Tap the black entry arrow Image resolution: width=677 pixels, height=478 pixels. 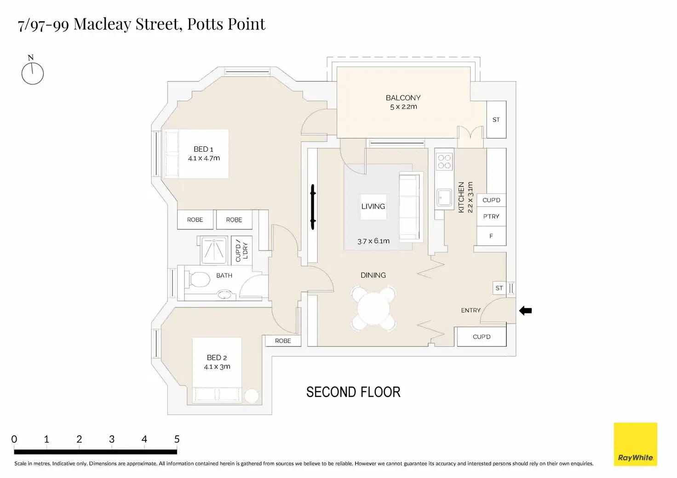point(525,310)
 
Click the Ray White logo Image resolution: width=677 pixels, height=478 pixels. point(635,444)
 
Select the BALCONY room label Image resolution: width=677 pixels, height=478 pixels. point(403,98)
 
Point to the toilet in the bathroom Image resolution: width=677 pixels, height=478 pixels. point(197,279)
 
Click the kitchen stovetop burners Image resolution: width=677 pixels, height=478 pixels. point(444,161)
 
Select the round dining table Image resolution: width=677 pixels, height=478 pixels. point(373,308)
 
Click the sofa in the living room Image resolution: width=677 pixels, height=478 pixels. point(410,207)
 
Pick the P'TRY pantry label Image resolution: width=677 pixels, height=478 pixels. point(491,216)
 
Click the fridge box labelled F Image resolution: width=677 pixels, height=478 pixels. point(491,236)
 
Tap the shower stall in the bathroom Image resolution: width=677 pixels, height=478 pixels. point(214,250)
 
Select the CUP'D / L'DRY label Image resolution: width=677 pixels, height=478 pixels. point(241,250)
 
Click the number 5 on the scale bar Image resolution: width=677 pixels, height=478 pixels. point(177,439)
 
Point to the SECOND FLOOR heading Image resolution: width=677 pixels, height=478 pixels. point(353,392)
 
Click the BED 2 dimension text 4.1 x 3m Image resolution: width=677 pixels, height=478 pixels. point(217,367)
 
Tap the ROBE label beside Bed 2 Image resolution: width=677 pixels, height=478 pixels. point(283,341)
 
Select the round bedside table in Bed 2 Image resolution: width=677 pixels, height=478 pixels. point(252,396)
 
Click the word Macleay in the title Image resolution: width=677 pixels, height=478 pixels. point(103,24)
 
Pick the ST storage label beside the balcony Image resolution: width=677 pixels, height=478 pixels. point(496,119)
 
